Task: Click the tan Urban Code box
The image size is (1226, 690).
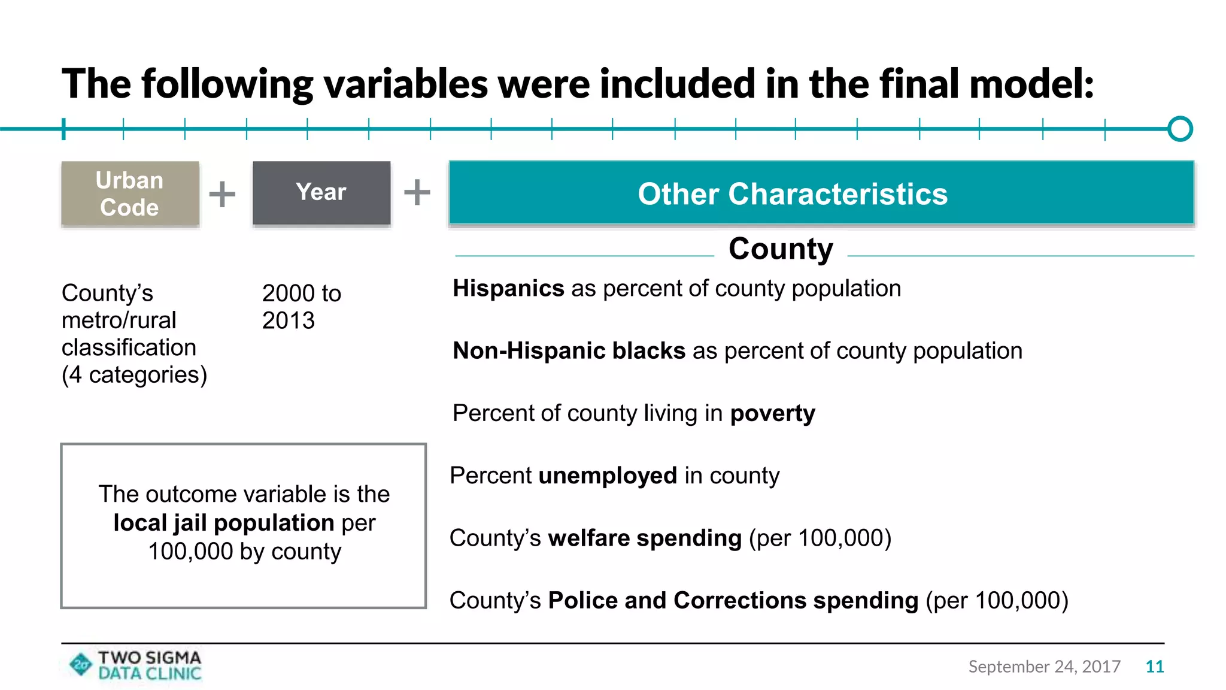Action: (130, 193)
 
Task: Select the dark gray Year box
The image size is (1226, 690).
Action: (321, 192)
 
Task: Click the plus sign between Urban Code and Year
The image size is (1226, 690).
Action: (222, 194)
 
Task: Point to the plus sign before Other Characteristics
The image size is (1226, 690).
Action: (417, 192)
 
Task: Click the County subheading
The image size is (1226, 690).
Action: (781, 249)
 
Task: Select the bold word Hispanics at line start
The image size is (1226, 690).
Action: (508, 289)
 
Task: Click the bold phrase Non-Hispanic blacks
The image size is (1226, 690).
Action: (569, 351)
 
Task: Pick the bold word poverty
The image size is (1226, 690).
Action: (772, 413)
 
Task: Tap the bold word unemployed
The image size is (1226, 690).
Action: (608, 476)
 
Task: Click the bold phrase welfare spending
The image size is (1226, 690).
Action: (645, 538)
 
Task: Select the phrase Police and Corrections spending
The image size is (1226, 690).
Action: (733, 600)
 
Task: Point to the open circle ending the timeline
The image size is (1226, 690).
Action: (1180, 129)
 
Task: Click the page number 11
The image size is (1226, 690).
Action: (1154, 667)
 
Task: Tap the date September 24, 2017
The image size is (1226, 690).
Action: (1044, 667)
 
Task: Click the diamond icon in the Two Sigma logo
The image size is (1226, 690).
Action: (81, 664)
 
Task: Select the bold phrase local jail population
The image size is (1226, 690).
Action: (223, 523)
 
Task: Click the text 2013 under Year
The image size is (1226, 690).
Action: (289, 321)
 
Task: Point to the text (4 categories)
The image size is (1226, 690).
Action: (134, 375)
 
